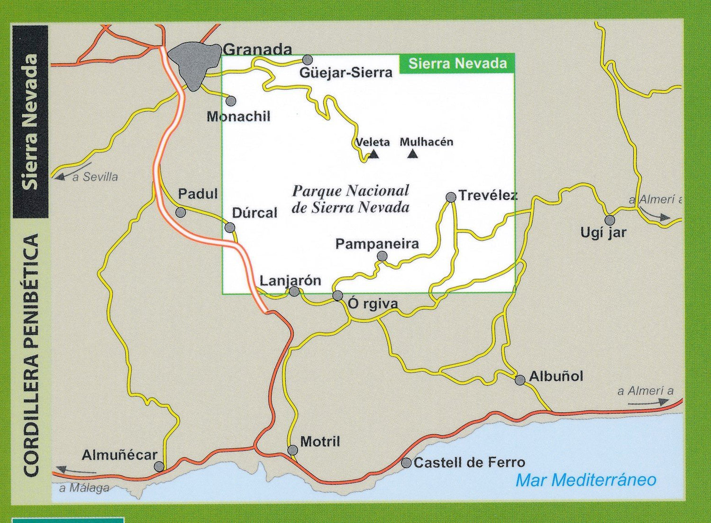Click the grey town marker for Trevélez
(451, 197)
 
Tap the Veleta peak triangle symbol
(374, 154)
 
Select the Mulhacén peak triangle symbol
(413, 154)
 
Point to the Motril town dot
(292, 450)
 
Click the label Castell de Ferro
(469, 462)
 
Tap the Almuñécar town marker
(159, 467)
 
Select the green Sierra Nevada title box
(457, 64)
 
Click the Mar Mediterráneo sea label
(586, 480)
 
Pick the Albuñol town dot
(520, 380)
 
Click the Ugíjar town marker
(610, 220)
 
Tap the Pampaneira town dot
(382, 257)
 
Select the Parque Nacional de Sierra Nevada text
(350, 199)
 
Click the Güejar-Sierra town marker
(308, 60)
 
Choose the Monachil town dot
(231, 101)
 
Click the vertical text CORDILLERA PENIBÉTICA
(31, 356)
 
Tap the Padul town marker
(181, 212)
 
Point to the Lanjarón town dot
(294, 291)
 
